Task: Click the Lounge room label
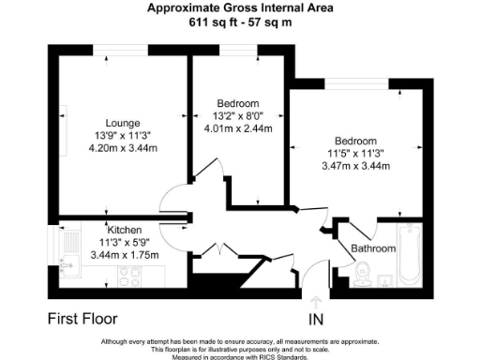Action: click(x=123, y=123)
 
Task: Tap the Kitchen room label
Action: click(x=125, y=230)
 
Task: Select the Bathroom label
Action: click(x=373, y=248)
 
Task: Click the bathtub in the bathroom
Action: click(x=410, y=257)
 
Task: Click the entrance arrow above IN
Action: click(x=316, y=302)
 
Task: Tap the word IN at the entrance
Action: click(x=316, y=320)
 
